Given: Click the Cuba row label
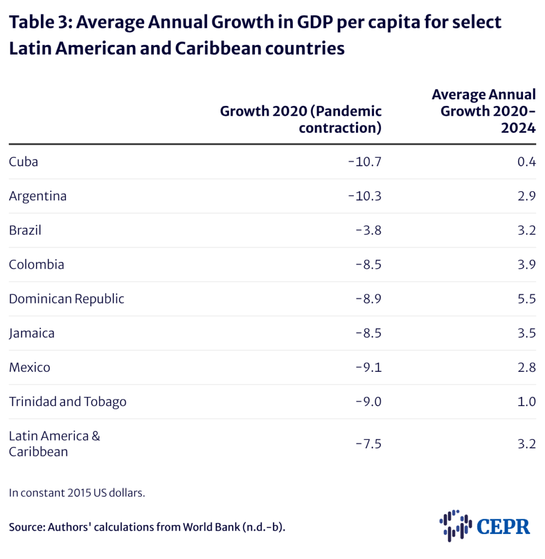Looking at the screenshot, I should [x=23, y=162].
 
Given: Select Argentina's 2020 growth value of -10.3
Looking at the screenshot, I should [x=364, y=196].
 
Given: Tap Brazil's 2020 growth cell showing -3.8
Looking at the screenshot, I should [x=368, y=230].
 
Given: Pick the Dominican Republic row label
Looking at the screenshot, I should [x=67, y=299].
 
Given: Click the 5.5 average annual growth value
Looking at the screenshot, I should [x=526, y=299].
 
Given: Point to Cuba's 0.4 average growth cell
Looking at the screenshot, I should [x=526, y=162].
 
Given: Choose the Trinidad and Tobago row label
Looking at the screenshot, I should [x=68, y=402].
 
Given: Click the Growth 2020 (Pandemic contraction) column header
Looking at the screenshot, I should [x=301, y=120].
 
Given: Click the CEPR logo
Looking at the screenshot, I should [x=484, y=526].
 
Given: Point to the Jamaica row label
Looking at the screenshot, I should [x=32, y=333].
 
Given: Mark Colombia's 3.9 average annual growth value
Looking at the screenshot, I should [x=526, y=265].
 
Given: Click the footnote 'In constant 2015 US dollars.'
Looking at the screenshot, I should [x=77, y=493].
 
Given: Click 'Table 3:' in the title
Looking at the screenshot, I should [x=42, y=22].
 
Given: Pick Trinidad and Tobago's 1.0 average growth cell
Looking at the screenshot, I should [x=526, y=402].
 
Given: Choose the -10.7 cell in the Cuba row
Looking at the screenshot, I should [x=364, y=162].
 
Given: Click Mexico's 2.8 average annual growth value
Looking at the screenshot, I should [x=526, y=367].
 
